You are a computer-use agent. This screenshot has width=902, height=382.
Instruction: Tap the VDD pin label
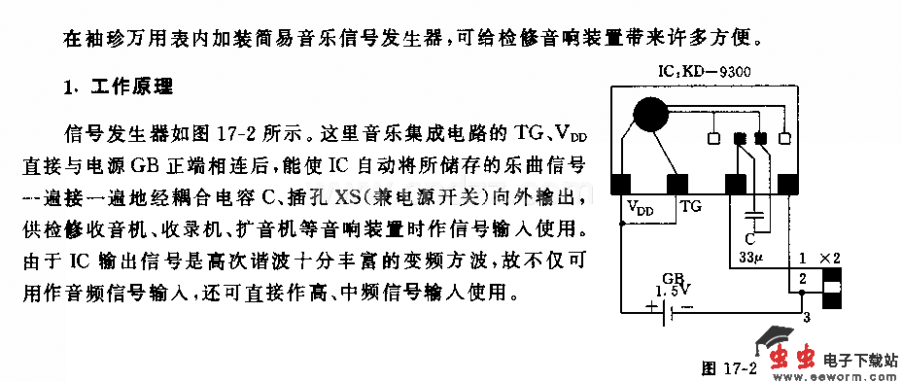click(x=640, y=207)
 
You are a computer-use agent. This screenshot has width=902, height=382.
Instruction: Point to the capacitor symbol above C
click(x=752, y=216)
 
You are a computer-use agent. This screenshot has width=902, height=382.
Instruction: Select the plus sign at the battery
click(x=648, y=309)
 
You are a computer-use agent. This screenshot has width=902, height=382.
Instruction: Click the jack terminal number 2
click(x=802, y=280)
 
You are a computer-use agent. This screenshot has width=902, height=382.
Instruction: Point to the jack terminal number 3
click(x=804, y=317)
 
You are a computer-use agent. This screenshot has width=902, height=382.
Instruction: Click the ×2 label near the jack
click(x=828, y=259)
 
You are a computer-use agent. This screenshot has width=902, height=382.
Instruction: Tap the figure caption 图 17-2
click(x=728, y=368)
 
